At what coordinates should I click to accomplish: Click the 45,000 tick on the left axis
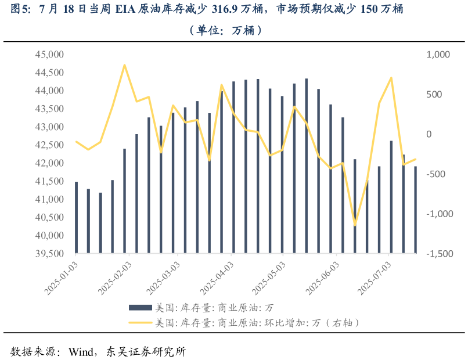pyautogui.click(x=49, y=55)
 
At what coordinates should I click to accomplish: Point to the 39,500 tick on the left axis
pyautogui.click(x=49, y=254)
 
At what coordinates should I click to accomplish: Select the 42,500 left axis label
pyautogui.click(x=49, y=145)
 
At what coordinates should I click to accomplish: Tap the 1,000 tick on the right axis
pyautogui.click(x=438, y=55)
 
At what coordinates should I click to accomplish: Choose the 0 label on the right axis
pyautogui.click(x=430, y=134)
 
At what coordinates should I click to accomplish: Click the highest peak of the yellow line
pyautogui.click(x=124, y=65)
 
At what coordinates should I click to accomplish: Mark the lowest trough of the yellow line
pyautogui.click(x=355, y=225)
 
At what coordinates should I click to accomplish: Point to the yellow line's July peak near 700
pyautogui.click(x=391, y=77)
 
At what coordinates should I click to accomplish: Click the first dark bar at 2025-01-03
pyautogui.click(x=76, y=218)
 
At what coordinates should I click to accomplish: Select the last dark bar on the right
pyautogui.click(x=415, y=210)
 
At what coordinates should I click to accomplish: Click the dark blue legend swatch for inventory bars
pyautogui.click(x=140, y=307)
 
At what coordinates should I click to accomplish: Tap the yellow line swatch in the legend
pyautogui.click(x=140, y=322)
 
